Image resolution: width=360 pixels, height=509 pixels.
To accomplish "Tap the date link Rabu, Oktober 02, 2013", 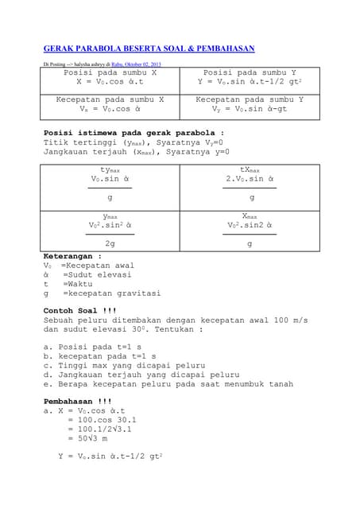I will point(136,64).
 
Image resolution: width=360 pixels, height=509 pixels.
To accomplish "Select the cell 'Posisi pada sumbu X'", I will point(110,72).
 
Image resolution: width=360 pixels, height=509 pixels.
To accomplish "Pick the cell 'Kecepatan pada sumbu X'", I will point(110,99).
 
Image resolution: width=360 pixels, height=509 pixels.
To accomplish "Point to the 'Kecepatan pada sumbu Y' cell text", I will point(250,99).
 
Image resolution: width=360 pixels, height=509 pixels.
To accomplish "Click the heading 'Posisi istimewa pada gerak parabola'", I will point(134,133).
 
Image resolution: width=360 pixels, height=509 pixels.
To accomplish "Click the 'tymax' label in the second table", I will point(110,170).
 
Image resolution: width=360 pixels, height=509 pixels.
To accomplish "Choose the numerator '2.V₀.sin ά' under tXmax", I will point(251,179).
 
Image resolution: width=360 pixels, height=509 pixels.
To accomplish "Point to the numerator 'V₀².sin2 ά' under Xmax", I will point(251,225).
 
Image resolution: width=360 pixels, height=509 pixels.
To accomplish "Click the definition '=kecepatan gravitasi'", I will point(110,293).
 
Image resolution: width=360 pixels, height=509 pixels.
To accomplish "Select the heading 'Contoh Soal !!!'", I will point(80,310).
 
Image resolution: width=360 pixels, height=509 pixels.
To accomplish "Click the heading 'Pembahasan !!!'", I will point(78,402).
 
